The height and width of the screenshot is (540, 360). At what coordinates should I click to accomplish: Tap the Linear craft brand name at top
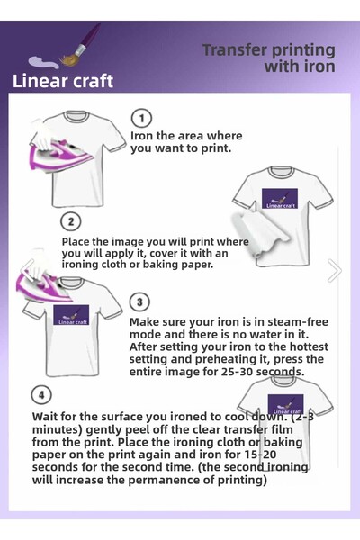(x=63, y=81)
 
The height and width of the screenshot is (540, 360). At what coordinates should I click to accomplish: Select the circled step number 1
(x=141, y=118)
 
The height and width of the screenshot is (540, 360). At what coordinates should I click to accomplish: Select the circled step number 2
(x=71, y=221)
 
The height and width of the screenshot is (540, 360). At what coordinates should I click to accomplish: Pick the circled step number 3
(x=139, y=301)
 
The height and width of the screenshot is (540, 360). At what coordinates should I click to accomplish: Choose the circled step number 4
(x=41, y=395)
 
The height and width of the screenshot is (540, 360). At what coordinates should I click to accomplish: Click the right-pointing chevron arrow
(x=334, y=270)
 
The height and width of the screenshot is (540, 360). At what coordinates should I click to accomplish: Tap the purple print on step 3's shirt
(x=71, y=315)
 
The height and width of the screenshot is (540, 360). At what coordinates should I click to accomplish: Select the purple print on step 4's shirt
(x=285, y=405)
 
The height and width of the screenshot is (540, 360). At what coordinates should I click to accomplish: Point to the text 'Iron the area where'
(x=186, y=136)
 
